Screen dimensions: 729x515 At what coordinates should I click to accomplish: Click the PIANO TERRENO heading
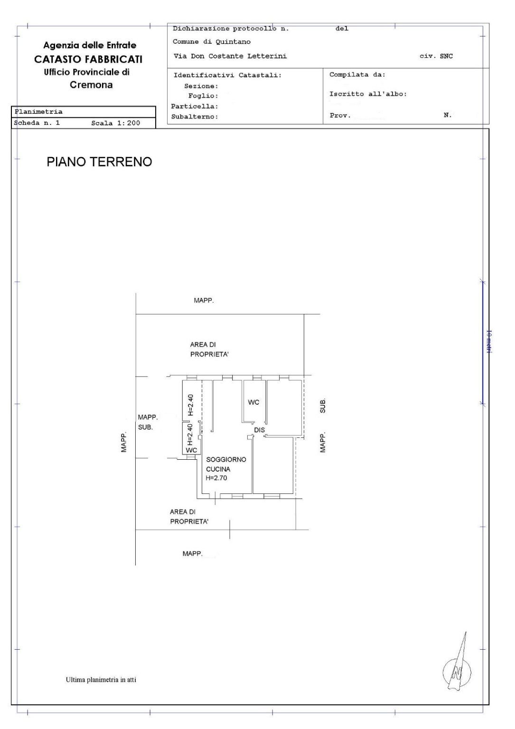[99, 162]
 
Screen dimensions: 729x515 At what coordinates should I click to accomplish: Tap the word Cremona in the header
[91, 85]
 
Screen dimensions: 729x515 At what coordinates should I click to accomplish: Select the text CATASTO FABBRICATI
[88, 59]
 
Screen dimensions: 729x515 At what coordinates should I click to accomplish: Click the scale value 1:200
[127, 123]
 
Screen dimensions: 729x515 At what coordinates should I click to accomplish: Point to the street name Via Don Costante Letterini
[230, 56]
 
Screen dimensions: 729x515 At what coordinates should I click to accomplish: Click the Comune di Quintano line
[212, 42]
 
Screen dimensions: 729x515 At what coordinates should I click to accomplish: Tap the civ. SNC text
[436, 56]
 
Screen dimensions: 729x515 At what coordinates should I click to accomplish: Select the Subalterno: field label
[195, 117]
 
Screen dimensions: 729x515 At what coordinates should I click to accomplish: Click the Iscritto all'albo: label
[368, 94]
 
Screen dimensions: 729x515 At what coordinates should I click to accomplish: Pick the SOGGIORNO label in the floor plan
[226, 460]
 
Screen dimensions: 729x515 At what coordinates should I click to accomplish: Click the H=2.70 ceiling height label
[216, 478]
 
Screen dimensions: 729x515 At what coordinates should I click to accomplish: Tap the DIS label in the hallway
[259, 430]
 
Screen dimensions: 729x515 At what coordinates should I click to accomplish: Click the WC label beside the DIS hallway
[253, 402]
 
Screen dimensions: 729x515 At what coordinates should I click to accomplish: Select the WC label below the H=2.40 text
[191, 450]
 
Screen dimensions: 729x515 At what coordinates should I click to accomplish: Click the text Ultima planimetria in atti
[101, 680]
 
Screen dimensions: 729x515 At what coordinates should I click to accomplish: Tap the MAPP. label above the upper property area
[204, 301]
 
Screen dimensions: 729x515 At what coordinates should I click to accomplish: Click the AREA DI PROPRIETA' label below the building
[189, 517]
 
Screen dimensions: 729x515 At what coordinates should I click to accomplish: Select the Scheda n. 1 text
[37, 123]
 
